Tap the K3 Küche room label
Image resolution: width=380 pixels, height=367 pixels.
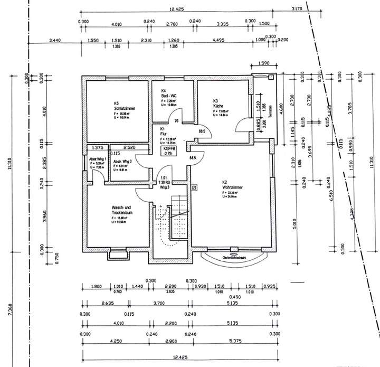[217, 103]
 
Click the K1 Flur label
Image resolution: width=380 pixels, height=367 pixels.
[163, 132]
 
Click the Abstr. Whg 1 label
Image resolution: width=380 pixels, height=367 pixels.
[98, 160]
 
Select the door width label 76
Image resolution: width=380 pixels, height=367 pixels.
[176, 121]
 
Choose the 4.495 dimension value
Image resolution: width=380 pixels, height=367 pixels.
[218, 40]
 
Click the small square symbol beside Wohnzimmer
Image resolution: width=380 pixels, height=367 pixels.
[194, 186]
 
